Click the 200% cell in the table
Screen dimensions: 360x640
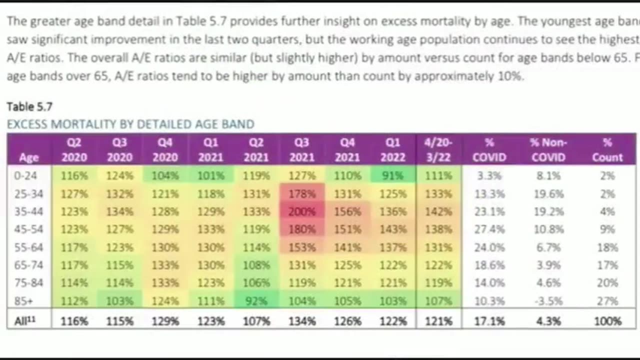click(302, 211)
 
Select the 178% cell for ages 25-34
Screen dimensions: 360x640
click(302, 193)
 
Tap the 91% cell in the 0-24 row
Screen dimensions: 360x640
click(393, 175)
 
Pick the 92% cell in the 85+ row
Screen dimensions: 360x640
click(256, 301)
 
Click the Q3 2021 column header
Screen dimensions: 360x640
click(302, 149)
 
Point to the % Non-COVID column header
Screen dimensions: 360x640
click(548, 149)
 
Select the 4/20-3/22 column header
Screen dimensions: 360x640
click(438, 149)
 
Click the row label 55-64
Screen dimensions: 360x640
click(29, 247)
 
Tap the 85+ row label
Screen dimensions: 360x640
click(29, 301)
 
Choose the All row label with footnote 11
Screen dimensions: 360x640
click(25, 321)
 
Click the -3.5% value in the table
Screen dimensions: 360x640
click(548, 301)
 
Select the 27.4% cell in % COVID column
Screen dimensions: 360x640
click(489, 229)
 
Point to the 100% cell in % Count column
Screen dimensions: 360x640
click(607, 321)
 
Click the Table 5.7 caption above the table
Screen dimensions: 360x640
click(29, 106)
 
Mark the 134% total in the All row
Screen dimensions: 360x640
click(302, 321)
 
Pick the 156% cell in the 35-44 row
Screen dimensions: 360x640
click(347, 211)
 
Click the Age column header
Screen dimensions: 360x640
click(29, 157)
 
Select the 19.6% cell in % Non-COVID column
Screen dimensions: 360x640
click(548, 193)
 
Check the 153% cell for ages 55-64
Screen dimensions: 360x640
click(302, 247)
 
